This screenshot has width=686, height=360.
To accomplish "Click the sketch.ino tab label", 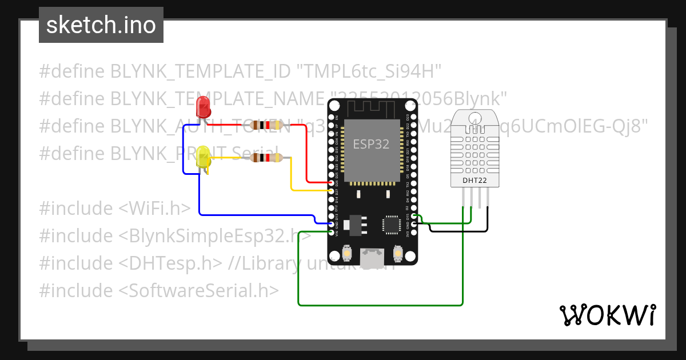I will click(x=101, y=25).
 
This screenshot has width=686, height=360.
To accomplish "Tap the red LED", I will click(x=202, y=107).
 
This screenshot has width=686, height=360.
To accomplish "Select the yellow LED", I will click(x=203, y=157).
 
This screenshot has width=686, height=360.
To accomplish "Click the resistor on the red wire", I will click(x=264, y=125).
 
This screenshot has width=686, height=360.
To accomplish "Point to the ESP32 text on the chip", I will click(x=371, y=144).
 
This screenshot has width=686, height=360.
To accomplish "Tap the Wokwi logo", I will click(x=607, y=315).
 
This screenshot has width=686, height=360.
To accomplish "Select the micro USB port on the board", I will click(x=372, y=258).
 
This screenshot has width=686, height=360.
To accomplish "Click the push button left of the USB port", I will click(x=346, y=252).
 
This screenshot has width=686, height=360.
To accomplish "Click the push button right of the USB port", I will click(x=398, y=252).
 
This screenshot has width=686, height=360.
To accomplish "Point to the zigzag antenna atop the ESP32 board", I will click(x=372, y=108).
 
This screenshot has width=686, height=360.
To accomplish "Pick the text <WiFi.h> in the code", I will click(x=154, y=209).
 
